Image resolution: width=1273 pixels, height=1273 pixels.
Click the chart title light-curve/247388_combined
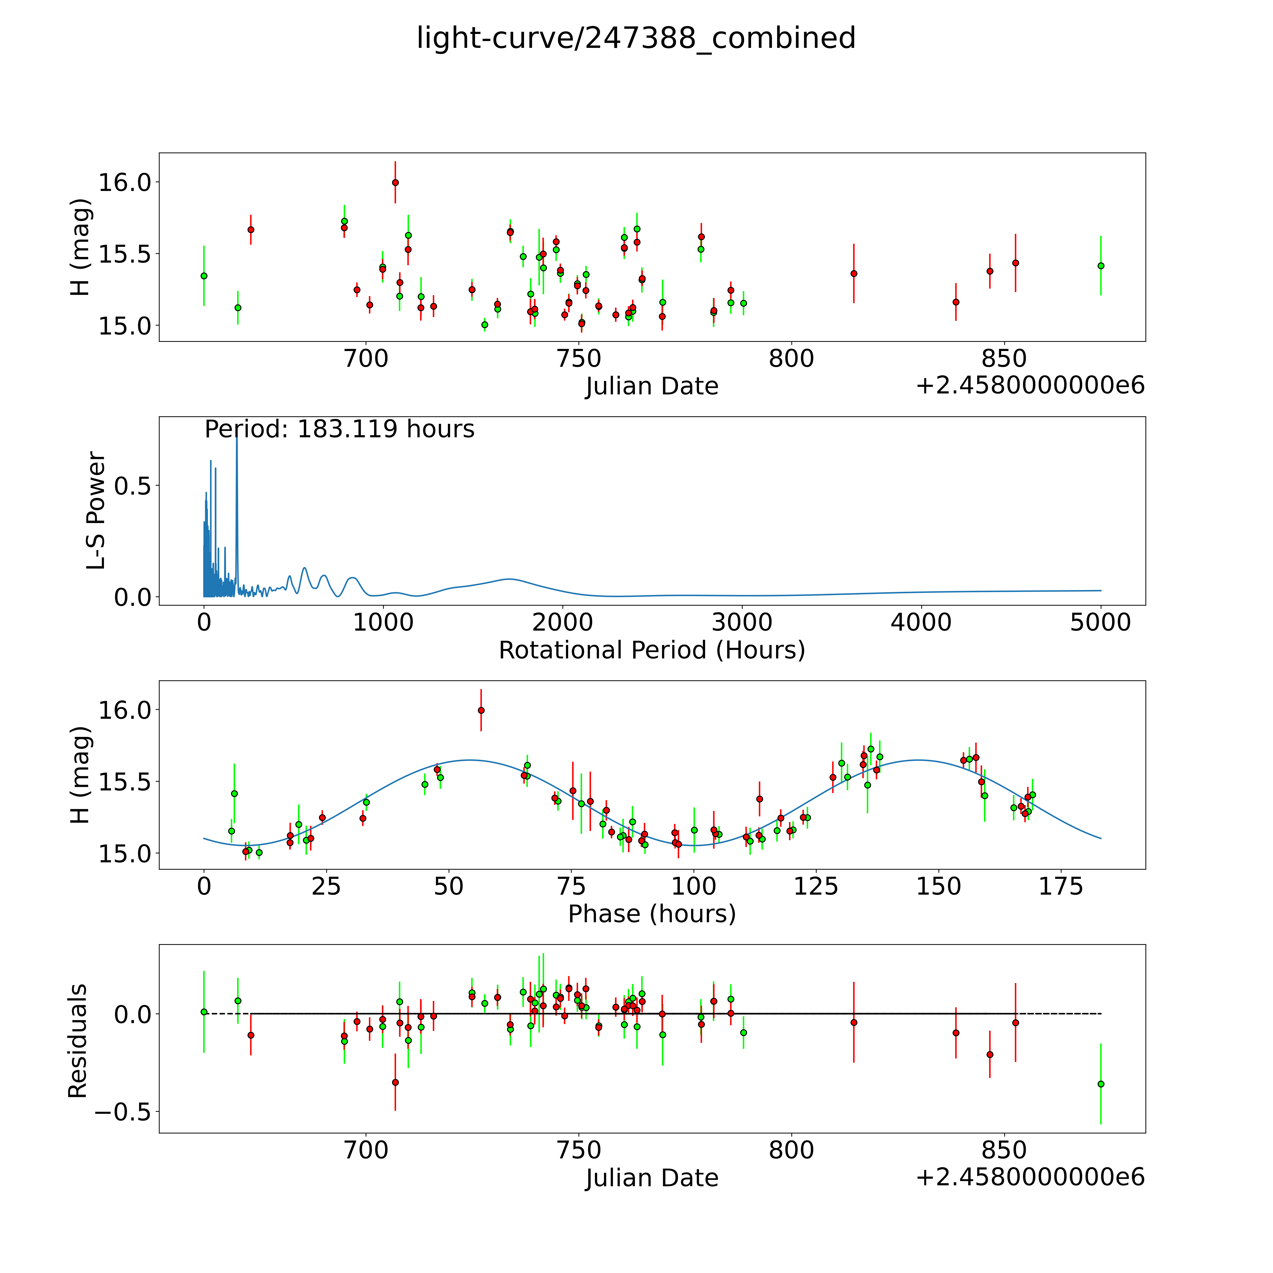(x=636, y=38)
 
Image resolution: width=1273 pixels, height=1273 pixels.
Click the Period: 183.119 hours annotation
(x=339, y=429)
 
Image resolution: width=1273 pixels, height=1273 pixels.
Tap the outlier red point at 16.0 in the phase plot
(x=481, y=710)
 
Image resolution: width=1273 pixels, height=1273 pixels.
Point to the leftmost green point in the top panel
(x=204, y=276)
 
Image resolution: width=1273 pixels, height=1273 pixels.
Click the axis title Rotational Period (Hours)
(x=652, y=650)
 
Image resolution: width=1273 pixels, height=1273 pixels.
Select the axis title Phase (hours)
(x=652, y=914)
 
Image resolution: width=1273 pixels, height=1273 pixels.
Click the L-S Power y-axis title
(x=96, y=511)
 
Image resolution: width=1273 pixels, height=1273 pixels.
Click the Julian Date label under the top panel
(x=652, y=386)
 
